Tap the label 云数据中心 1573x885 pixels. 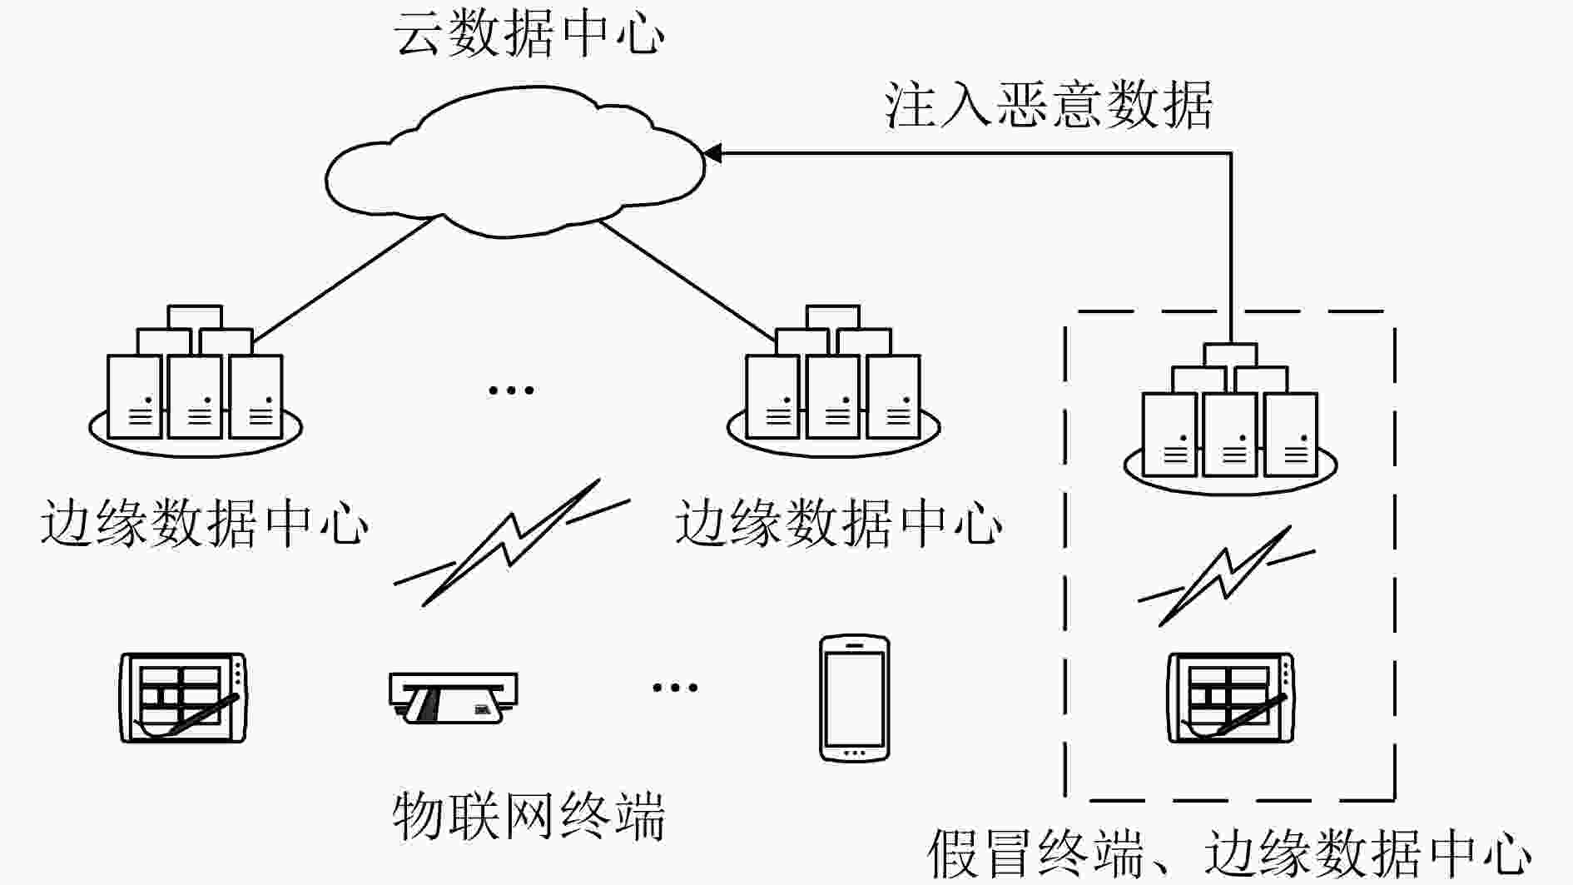(x=529, y=34)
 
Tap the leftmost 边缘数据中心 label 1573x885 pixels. (x=204, y=524)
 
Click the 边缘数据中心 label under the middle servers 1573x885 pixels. (x=839, y=524)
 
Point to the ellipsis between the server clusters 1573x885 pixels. (x=511, y=389)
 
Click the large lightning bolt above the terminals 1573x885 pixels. (x=512, y=542)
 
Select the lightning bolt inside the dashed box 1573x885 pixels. (x=1226, y=575)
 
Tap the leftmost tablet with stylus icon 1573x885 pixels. (x=184, y=698)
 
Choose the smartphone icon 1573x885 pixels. (x=855, y=699)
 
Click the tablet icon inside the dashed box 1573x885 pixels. (x=1231, y=698)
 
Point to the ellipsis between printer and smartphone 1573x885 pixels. (x=675, y=687)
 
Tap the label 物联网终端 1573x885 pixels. (x=529, y=815)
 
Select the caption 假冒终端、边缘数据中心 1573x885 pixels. (x=1229, y=853)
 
